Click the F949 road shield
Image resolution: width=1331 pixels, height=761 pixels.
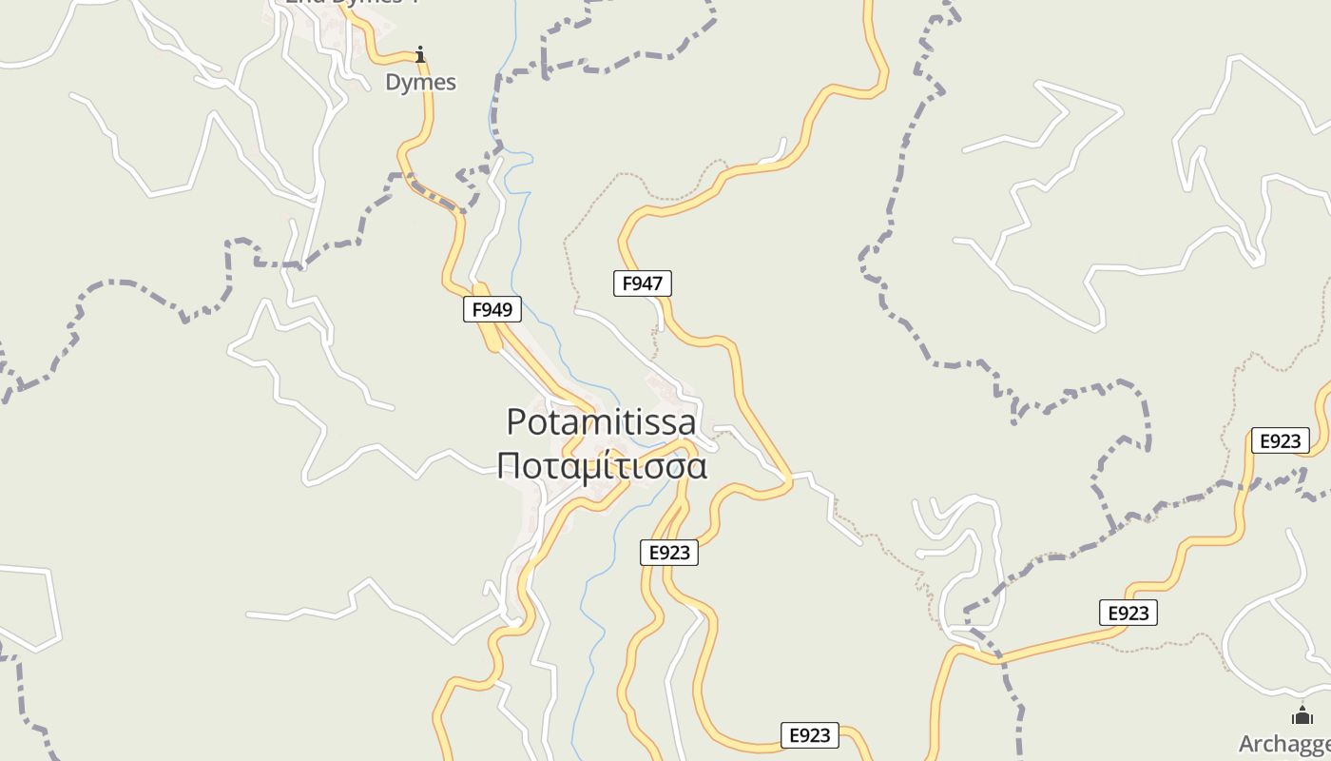[492, 309]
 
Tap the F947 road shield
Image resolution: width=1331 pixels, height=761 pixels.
[642, 283]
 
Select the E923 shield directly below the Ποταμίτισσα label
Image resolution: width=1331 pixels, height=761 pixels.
[669, 553]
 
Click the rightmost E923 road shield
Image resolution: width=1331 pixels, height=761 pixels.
[1280, 440]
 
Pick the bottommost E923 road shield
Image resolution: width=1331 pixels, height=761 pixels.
[810, 734]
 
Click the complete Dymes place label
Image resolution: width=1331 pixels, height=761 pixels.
[420, 82]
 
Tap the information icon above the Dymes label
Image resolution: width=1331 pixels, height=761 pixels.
[420, 54]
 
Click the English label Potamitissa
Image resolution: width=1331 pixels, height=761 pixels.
[601, 421]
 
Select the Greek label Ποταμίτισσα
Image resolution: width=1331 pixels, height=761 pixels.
[602, 467]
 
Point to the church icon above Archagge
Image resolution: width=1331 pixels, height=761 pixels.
[1302, 715]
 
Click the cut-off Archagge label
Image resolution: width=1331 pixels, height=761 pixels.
[1284, 744]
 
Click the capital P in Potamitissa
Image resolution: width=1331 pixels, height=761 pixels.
[517, 421]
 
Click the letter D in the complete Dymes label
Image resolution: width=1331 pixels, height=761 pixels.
[393, 82]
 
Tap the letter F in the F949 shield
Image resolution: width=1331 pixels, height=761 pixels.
[477, 309]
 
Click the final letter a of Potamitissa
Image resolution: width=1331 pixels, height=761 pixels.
[686, 423]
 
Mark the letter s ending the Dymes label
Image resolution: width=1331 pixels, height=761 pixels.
[451, 83]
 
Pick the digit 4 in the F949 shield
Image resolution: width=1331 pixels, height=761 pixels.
[496, 309]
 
